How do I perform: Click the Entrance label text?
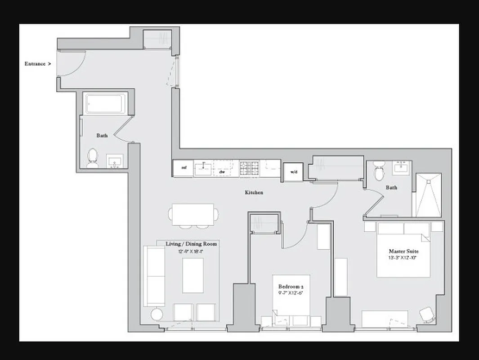[x=35, y=64]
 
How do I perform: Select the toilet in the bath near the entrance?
[x=93, y=157]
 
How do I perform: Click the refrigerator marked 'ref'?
[x=184, y=168]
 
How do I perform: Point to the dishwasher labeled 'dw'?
[x=222, y=171]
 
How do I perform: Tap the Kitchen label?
[x=254, y=193]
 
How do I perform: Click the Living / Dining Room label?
[x=192, y=244]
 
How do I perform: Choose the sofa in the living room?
[x=153, y=276]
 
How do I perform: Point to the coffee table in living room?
[x=193, y=275]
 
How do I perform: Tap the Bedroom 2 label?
[x=291, y=287]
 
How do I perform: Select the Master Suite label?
[x=404, y=251]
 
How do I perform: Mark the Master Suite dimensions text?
[x=404, y=258]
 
